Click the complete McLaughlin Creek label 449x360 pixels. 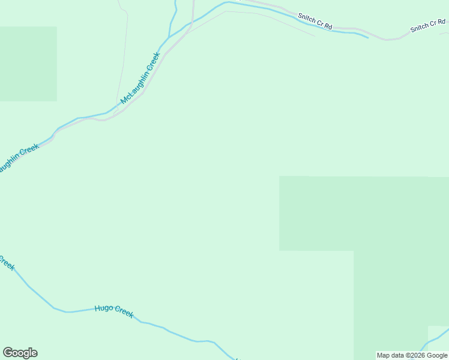pyautogui.click(x=140, y=78)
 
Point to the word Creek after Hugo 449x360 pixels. pyautogui.click(x=124, y=312)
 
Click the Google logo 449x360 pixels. pyautogui.click(x=20, y=353)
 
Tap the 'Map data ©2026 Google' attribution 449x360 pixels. pyautogui.click(x=412, y=355)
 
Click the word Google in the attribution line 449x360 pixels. pyautogui.click(x=437, y=355)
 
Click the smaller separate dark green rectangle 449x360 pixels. pyautogui.click(x=28, y=64)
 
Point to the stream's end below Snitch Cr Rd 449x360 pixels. pyautogui.click(x=367, y=37)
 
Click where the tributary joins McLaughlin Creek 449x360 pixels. pyautogui.click(x=170, y=36)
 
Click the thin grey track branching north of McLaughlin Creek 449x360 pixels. pyautogui.click(x=123, y=60)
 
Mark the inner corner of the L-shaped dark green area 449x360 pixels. pyautogui.click(x=354, y=251)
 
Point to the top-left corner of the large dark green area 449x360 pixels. pyautogui.click(x=280, y=176)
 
